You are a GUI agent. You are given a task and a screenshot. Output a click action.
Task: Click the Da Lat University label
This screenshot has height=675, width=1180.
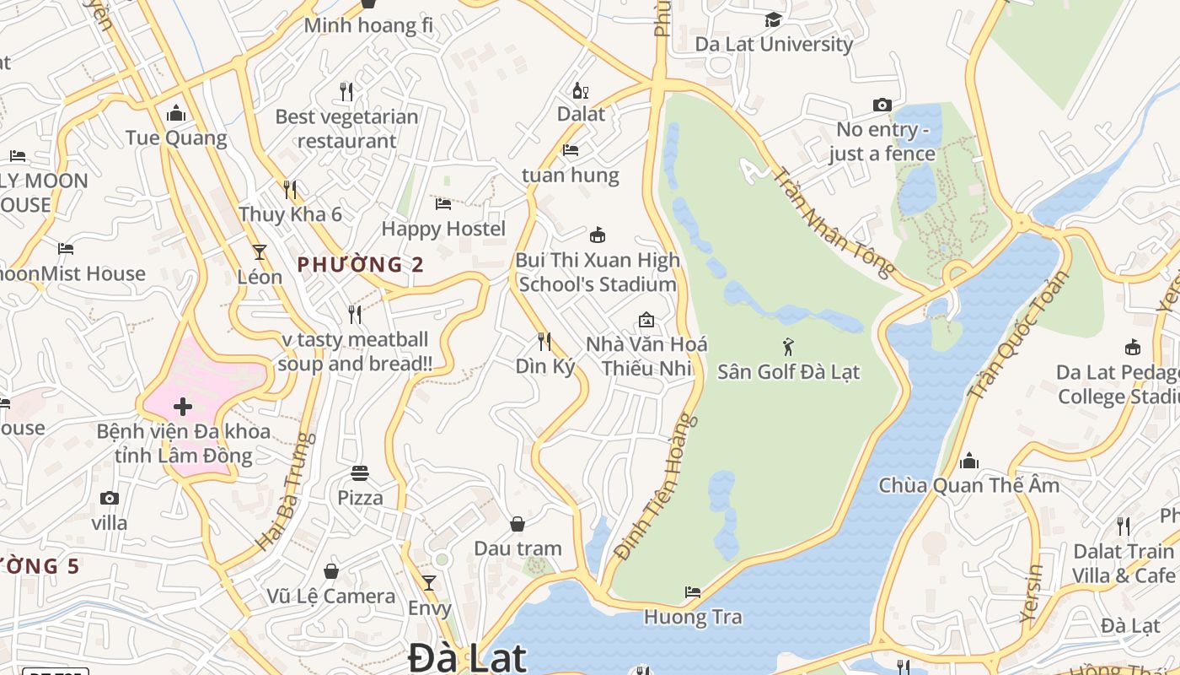pyautogui.click(x=774, y=44)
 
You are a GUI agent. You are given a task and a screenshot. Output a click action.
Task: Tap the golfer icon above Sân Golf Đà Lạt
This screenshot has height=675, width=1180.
pyautogui.click(x=788, y=346)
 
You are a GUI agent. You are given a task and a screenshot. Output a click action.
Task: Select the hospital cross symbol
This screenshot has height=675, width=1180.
pyautogui.click(x=182, y=407)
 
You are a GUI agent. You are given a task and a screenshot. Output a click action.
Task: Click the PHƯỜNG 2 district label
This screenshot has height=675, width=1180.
pyautogui.click(x=361, y=264)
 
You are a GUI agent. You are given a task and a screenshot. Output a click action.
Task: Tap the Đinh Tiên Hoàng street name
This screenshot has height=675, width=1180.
pyautogui.click(x=657, y=487)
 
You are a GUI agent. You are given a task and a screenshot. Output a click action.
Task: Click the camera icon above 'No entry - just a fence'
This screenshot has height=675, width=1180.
pyautogui.click(x=882, y=105)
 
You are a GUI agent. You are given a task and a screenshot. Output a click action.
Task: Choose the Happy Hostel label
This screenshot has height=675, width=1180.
pyautogui.click(x=443, y=229)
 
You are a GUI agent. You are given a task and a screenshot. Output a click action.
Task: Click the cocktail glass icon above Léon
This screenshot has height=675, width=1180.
pyautogui.click(x=260, y=251)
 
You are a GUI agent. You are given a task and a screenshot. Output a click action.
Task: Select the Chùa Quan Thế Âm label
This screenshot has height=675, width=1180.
pyautogui.click(x=969, y=485)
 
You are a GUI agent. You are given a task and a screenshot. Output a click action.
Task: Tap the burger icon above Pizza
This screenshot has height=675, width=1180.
pyautogui.click(x=360, y=472)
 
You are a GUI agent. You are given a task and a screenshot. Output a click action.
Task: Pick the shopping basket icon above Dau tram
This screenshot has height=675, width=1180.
pyautogui.click(x=518, y=524)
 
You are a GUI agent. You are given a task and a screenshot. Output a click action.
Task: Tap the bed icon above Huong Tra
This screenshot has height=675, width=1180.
pyautogui.click(x=693, y=592)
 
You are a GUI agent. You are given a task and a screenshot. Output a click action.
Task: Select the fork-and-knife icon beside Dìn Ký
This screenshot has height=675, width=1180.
pyautogui.click(x=544, y=341)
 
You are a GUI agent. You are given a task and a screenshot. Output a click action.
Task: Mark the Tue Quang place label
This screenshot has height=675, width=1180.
pyautogui.click(x=176, y=138)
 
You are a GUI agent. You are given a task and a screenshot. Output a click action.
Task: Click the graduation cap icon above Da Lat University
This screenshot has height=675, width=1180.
pyautogui.click(x=773, y=19)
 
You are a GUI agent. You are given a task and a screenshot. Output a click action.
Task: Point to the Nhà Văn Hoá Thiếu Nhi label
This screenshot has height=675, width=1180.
pyautogui.click(x=646, y=356)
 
